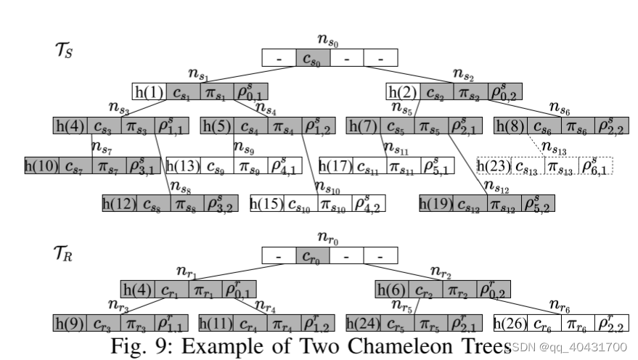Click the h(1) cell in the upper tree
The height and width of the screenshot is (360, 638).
point(149,92)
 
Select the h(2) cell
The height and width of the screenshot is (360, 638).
point(403,92)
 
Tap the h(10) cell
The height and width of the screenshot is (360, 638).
point(41,165)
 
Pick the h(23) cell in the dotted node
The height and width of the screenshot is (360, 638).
point(494,165)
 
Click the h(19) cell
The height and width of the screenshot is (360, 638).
point(436,204)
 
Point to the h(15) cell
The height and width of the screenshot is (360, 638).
point(266,204)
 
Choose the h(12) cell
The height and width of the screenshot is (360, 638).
point(119,204)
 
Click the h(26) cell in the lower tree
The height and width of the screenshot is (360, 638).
point(510,323)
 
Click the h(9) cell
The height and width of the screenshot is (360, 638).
point(69,323)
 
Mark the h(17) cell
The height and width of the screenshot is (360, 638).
point(336,165)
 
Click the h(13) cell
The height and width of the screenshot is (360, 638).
point(184,165)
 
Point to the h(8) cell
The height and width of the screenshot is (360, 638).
point(511,126)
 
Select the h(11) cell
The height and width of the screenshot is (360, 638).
point(216,323)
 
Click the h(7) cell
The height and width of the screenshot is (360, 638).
point(363,126)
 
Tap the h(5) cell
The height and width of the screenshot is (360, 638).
point(216,126)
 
